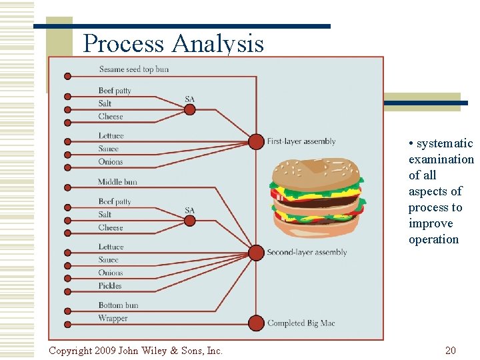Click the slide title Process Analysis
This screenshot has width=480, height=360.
[173, 44]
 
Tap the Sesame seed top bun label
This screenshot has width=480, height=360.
[133, 69]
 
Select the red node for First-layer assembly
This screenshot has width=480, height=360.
[256, 141]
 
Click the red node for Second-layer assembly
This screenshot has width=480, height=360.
[256, 253]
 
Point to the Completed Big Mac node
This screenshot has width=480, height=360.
[256, 323]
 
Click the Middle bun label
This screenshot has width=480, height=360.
[117, 182]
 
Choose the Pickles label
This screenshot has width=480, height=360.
[110, 286]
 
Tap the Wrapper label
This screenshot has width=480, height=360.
[113, 319]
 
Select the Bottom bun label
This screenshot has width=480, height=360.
[118, 306]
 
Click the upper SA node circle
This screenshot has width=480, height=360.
[190, 109]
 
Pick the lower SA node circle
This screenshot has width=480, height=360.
[190, 220]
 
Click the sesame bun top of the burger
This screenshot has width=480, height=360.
[316, 172]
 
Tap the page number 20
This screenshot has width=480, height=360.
[451, 351]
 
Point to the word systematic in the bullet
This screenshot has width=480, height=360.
[445, 144]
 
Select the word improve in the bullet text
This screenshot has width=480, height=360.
[431, 223]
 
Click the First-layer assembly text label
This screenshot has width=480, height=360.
[301, 141]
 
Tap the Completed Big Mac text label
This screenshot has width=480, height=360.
[301, 323]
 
